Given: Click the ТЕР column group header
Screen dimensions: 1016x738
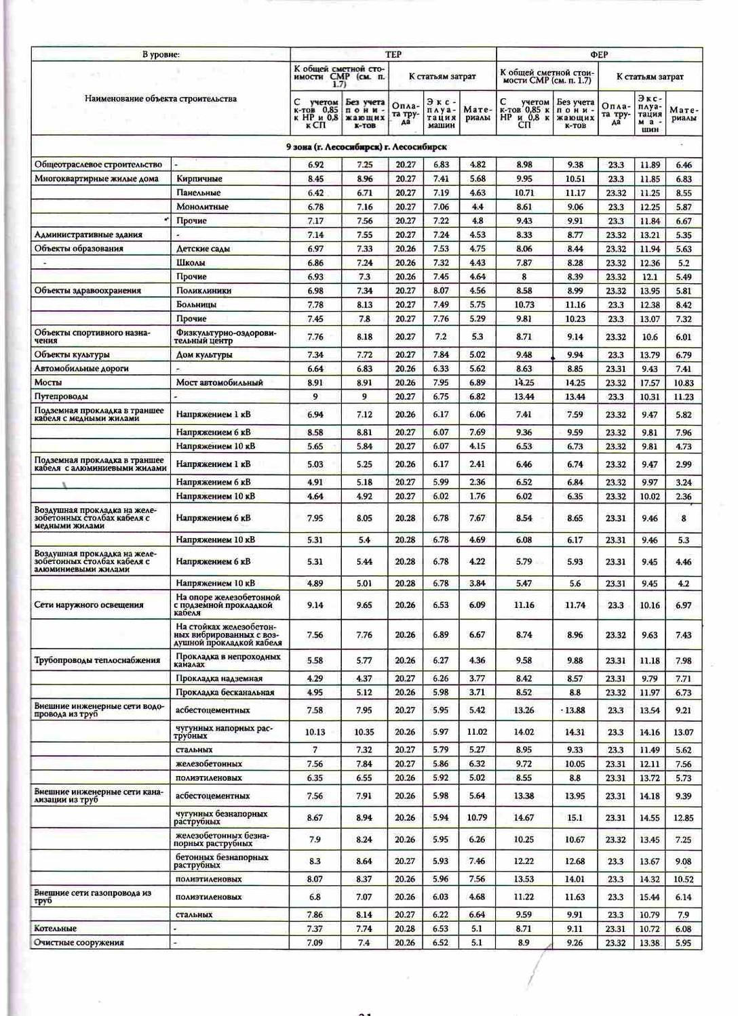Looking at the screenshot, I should click(393, 54).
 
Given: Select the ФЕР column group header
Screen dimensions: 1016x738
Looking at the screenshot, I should click(598, 54).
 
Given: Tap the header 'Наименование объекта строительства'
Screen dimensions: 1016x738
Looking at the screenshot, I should click(161, 98).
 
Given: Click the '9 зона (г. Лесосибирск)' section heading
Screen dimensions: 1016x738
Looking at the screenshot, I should click(366, 146).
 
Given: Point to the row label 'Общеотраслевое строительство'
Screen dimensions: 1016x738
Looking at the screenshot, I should click(98, 165).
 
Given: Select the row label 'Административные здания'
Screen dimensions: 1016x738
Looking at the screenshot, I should click(88, 235).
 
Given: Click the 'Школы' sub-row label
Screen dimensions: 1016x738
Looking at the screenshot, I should click(191, 262).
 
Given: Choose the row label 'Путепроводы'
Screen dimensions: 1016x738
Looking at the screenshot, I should click(61, 397).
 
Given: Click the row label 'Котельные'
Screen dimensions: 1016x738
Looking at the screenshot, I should click(56, 929).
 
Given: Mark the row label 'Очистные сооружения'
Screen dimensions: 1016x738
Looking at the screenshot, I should click(79, 943).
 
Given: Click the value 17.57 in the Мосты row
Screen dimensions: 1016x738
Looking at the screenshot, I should click(650, 383).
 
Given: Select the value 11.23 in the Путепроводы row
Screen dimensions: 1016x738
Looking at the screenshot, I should click(684, 397).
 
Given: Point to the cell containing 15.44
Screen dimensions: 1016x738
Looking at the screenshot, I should click(650, 897).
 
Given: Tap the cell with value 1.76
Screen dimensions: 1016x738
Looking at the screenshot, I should click(477, 496).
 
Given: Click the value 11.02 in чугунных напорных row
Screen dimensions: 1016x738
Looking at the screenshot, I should click(477, 732).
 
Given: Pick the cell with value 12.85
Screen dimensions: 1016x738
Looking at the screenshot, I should click(684, 818).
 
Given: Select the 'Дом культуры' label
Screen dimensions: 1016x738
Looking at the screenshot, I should click(204, 354).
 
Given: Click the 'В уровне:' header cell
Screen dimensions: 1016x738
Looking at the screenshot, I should click(161, 54).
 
